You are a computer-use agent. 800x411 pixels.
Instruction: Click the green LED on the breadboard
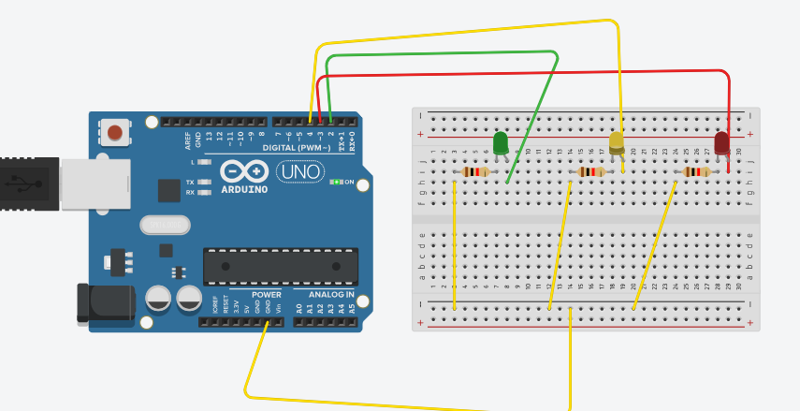(x=501, y=143)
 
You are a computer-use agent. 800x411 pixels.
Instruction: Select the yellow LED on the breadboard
(x=617, y=143)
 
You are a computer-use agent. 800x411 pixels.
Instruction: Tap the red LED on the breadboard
(x=721, y=143)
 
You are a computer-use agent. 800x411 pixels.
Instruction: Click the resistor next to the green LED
(x=476, y=172)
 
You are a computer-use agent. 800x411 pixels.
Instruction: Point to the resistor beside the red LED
(x=697, y=172)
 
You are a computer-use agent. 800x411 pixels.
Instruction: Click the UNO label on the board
(x=300, y=172)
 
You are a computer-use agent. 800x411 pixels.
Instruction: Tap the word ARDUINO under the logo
(x=244, y=188)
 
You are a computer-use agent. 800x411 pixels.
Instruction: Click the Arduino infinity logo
(x=244, y=171)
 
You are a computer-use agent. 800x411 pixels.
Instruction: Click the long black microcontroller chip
(x=281, y=266)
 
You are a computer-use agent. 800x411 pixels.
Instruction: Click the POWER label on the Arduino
(x=266, y=294)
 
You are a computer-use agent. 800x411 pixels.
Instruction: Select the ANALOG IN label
(x=331, y=294)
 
